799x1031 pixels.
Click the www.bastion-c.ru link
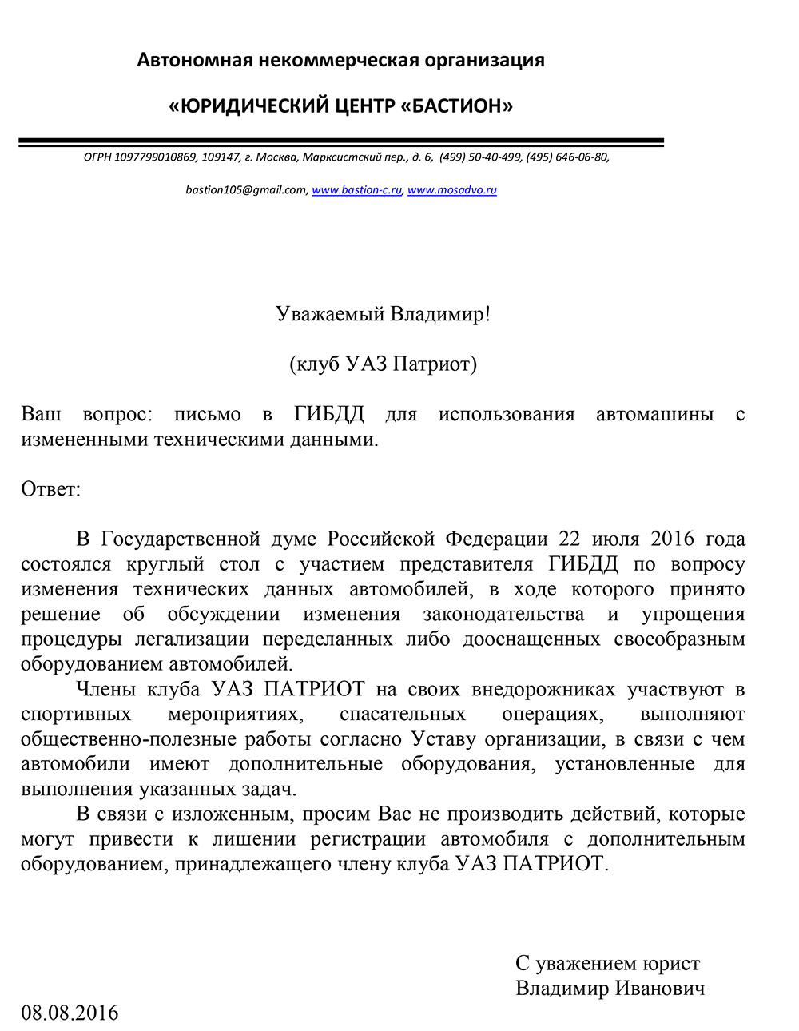(x=356, y=190)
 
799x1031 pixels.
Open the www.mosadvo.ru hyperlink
(x=452, y=190)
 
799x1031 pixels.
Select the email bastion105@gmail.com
(x=246, y=190)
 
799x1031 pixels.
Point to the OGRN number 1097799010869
(x=155, y=157)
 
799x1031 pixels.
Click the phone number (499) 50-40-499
(x=480, y=157)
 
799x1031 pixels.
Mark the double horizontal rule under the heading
(x=341, y=142)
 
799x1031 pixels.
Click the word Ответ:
(x=51, y=489)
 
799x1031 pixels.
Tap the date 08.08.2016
(x=70, y=1013)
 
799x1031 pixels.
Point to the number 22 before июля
(x=570, y=539)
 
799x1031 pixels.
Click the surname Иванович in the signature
(x=659, y=989)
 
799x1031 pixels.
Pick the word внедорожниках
(x=543, y=690)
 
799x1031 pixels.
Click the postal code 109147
(x=221, y=157)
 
